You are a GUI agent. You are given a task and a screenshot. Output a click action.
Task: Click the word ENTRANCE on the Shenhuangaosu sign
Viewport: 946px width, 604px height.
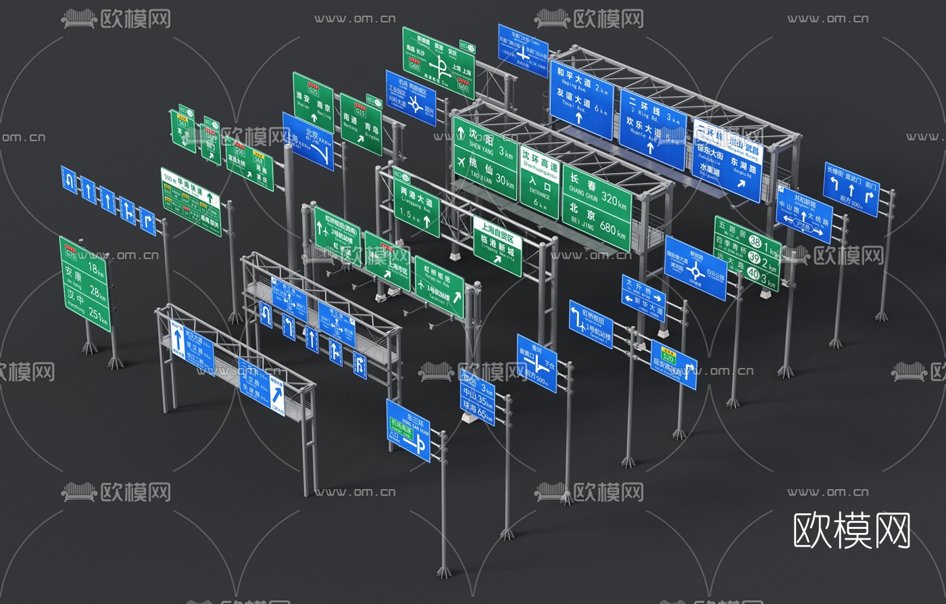(539, 191)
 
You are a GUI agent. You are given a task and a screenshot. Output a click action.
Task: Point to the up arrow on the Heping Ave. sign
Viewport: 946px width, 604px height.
(579, 116)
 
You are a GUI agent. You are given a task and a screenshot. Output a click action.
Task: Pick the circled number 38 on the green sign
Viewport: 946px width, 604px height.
(755, 242)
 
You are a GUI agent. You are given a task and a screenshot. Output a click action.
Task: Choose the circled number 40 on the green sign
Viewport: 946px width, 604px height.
(753, 274)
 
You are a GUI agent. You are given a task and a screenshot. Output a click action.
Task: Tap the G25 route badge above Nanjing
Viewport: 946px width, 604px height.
(313, 90)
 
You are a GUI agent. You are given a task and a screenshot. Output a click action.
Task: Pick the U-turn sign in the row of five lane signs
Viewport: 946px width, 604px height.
(69, 179)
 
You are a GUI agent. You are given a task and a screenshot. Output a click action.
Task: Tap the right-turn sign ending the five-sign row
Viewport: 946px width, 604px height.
(148, 223)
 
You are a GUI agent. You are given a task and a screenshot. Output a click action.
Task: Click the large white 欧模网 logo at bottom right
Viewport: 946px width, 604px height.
(851, 530)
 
